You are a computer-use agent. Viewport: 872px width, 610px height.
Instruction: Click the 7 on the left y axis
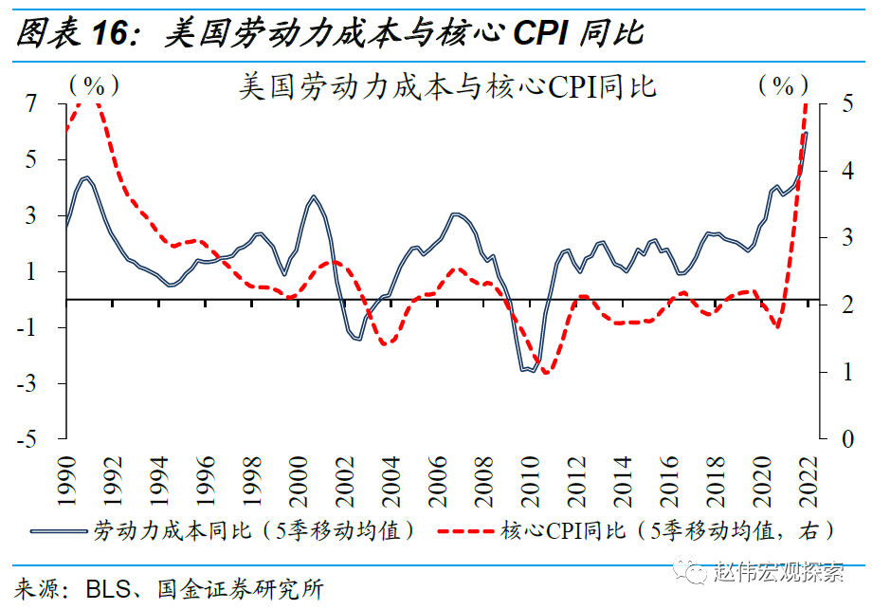pyautogui.click(x=32, y=104)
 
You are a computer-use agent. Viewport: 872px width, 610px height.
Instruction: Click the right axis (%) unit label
pyautogui.click(x=782, y=85)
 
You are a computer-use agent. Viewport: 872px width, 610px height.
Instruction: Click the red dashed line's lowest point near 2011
pyautogui.click(x=546, y=373)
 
